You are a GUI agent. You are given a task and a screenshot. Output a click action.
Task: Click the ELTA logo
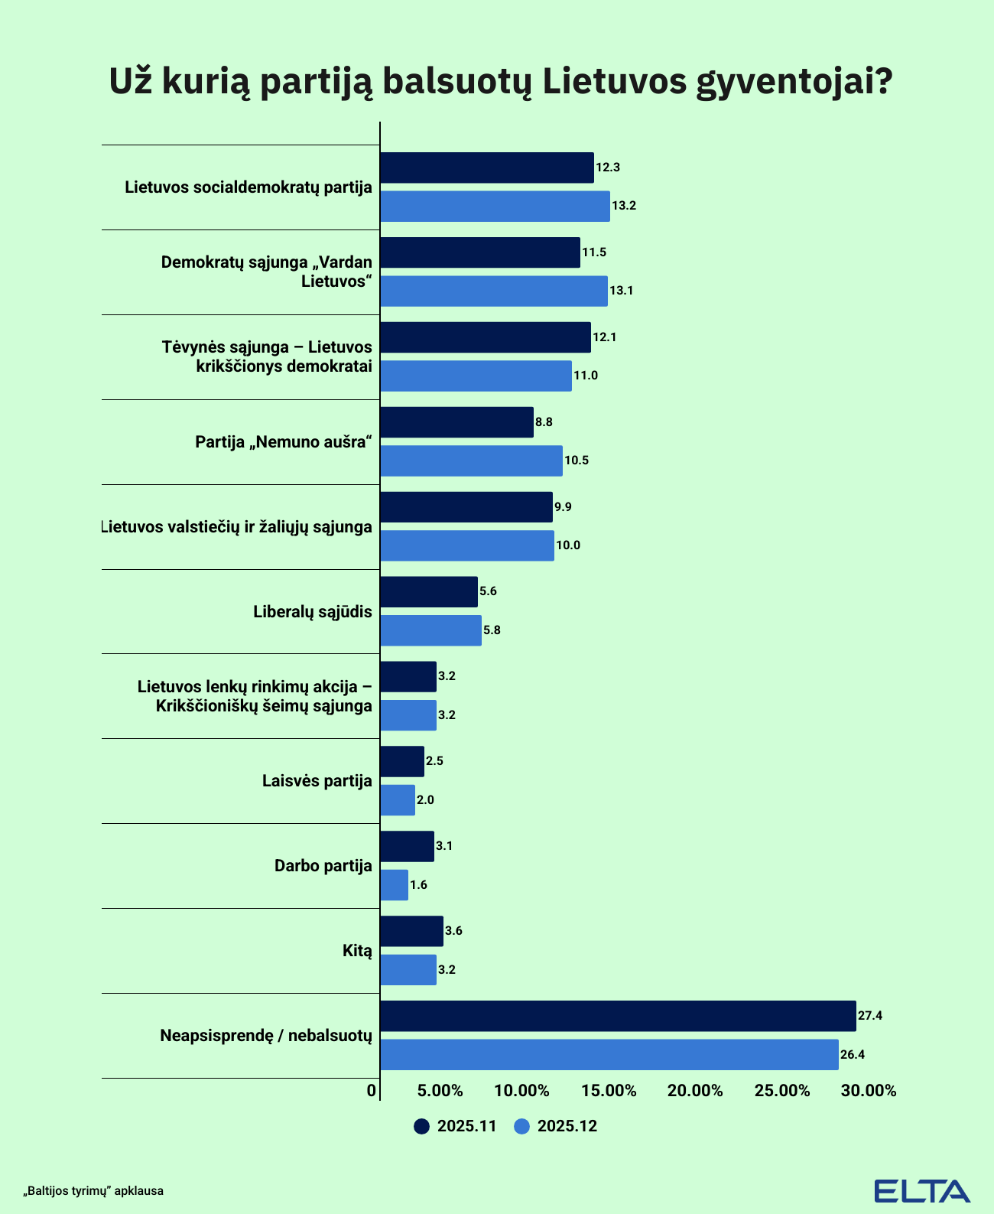click(x=922, y=1190)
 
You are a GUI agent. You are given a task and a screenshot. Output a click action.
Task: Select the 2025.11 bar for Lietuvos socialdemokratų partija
click(x=487, y=168)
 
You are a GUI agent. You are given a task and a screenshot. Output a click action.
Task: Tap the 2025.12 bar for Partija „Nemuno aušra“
click(x=471, y=461)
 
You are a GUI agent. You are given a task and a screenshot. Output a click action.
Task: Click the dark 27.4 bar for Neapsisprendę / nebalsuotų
click(x=618, y=1016)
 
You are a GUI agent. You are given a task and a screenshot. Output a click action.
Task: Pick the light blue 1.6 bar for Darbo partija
click(x=394, y=885)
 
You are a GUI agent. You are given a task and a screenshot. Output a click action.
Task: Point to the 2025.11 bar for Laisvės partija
click(x=402, y=761)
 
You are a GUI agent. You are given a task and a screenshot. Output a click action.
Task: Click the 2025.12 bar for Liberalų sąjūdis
click(x=430, y=630)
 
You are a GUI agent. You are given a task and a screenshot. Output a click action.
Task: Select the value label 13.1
click(x=622, y=291)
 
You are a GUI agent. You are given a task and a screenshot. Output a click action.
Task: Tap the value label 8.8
click(x=544, y=422)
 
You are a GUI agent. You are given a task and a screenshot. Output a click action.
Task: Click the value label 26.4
click(x=853, y=1055)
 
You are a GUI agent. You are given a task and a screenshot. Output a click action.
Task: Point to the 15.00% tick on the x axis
click(x=609, y=1091)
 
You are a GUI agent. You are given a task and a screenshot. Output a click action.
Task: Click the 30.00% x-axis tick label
click(x=869, y=1091)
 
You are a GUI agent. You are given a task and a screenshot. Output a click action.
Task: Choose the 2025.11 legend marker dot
click(x=421, y=1126)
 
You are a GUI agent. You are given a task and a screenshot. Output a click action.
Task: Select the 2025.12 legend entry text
click(x=567, y=1126)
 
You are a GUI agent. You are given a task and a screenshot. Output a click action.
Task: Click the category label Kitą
click(x=357, y=951)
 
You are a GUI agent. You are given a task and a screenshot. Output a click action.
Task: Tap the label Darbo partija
click(x=323, y=866)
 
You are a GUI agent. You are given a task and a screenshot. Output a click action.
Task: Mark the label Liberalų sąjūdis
click(x=313, y=612)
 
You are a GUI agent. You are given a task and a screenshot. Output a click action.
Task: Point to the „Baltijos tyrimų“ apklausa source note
click(x=94, y=1191)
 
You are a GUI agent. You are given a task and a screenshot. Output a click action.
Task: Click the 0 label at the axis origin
click(x=372, y=1091)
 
